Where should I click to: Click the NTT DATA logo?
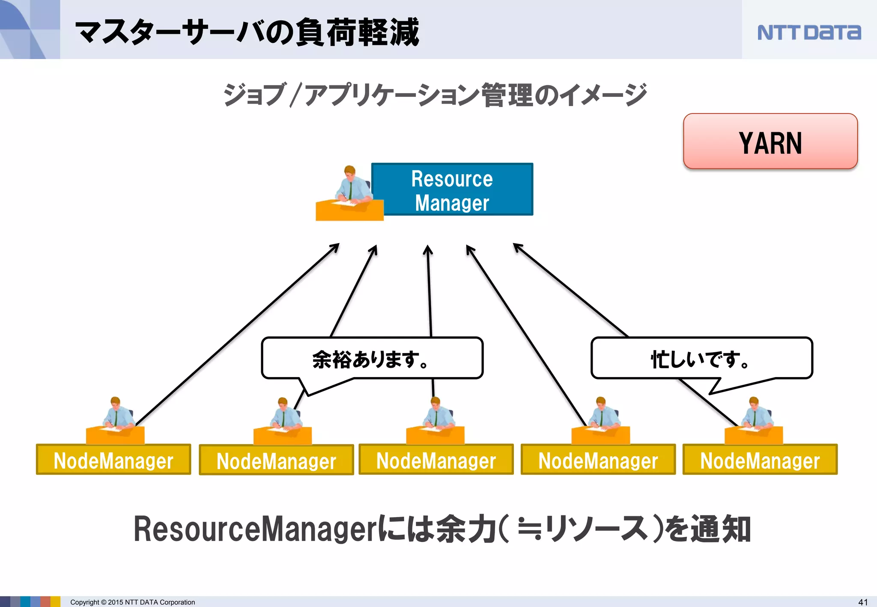[x=808, y=33]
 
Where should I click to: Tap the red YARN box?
[x=770, y=142]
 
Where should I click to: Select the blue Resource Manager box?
[x=452, y=190]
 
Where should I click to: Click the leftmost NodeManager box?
[x=113, y=460]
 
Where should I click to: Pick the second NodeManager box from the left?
[x=276, y=460]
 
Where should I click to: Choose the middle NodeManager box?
[x=436, y=460]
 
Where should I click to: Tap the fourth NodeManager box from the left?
[x=598, y=460]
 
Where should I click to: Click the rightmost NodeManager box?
[x=760, y=460]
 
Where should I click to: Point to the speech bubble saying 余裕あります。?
[x=372, y=359]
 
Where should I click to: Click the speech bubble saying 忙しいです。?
[x=701, y=359]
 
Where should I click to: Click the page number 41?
[x=863, y=602]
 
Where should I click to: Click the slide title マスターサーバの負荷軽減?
[x=247, y=33]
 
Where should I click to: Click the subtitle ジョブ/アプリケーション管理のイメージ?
[x=434, y=95]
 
